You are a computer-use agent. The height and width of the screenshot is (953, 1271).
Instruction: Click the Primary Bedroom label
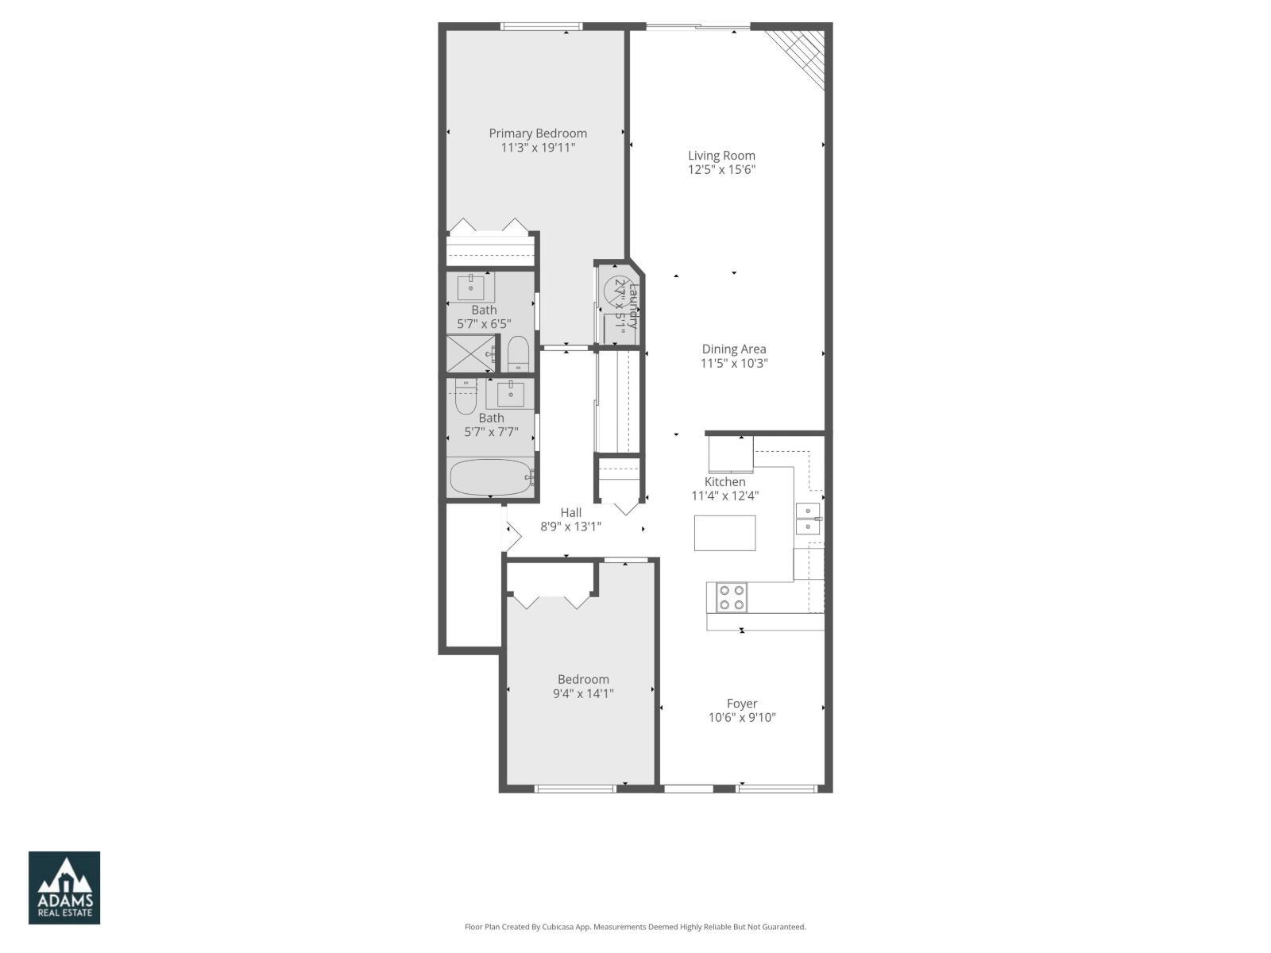[538, 133]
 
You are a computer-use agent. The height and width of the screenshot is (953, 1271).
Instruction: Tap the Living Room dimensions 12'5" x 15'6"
[721, 169]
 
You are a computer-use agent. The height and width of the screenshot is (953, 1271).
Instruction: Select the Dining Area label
[734, 349]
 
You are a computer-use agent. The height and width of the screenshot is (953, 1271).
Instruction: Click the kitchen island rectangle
[724, 533]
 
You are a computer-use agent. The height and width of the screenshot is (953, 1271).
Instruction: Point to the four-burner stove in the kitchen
[731, 597]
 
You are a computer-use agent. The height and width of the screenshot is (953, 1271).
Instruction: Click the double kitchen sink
[809, 519]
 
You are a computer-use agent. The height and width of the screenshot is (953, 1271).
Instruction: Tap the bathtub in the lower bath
[491, 478]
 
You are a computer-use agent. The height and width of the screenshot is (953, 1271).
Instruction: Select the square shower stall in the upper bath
[470, 354]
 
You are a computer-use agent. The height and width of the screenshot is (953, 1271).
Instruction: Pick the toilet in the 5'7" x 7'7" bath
[466, 397]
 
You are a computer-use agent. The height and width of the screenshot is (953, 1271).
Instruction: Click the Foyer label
[742, 704]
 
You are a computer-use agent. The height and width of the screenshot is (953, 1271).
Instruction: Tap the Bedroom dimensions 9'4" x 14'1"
[583, 693]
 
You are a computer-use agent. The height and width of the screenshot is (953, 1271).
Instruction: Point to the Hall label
[570, 513]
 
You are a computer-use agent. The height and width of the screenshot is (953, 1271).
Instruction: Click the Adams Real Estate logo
[64, 888]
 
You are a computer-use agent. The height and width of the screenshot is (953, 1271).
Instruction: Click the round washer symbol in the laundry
[617, 291]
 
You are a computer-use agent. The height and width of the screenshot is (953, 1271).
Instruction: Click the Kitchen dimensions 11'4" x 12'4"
[724, 496]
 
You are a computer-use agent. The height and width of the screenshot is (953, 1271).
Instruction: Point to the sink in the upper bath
[475, 287]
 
